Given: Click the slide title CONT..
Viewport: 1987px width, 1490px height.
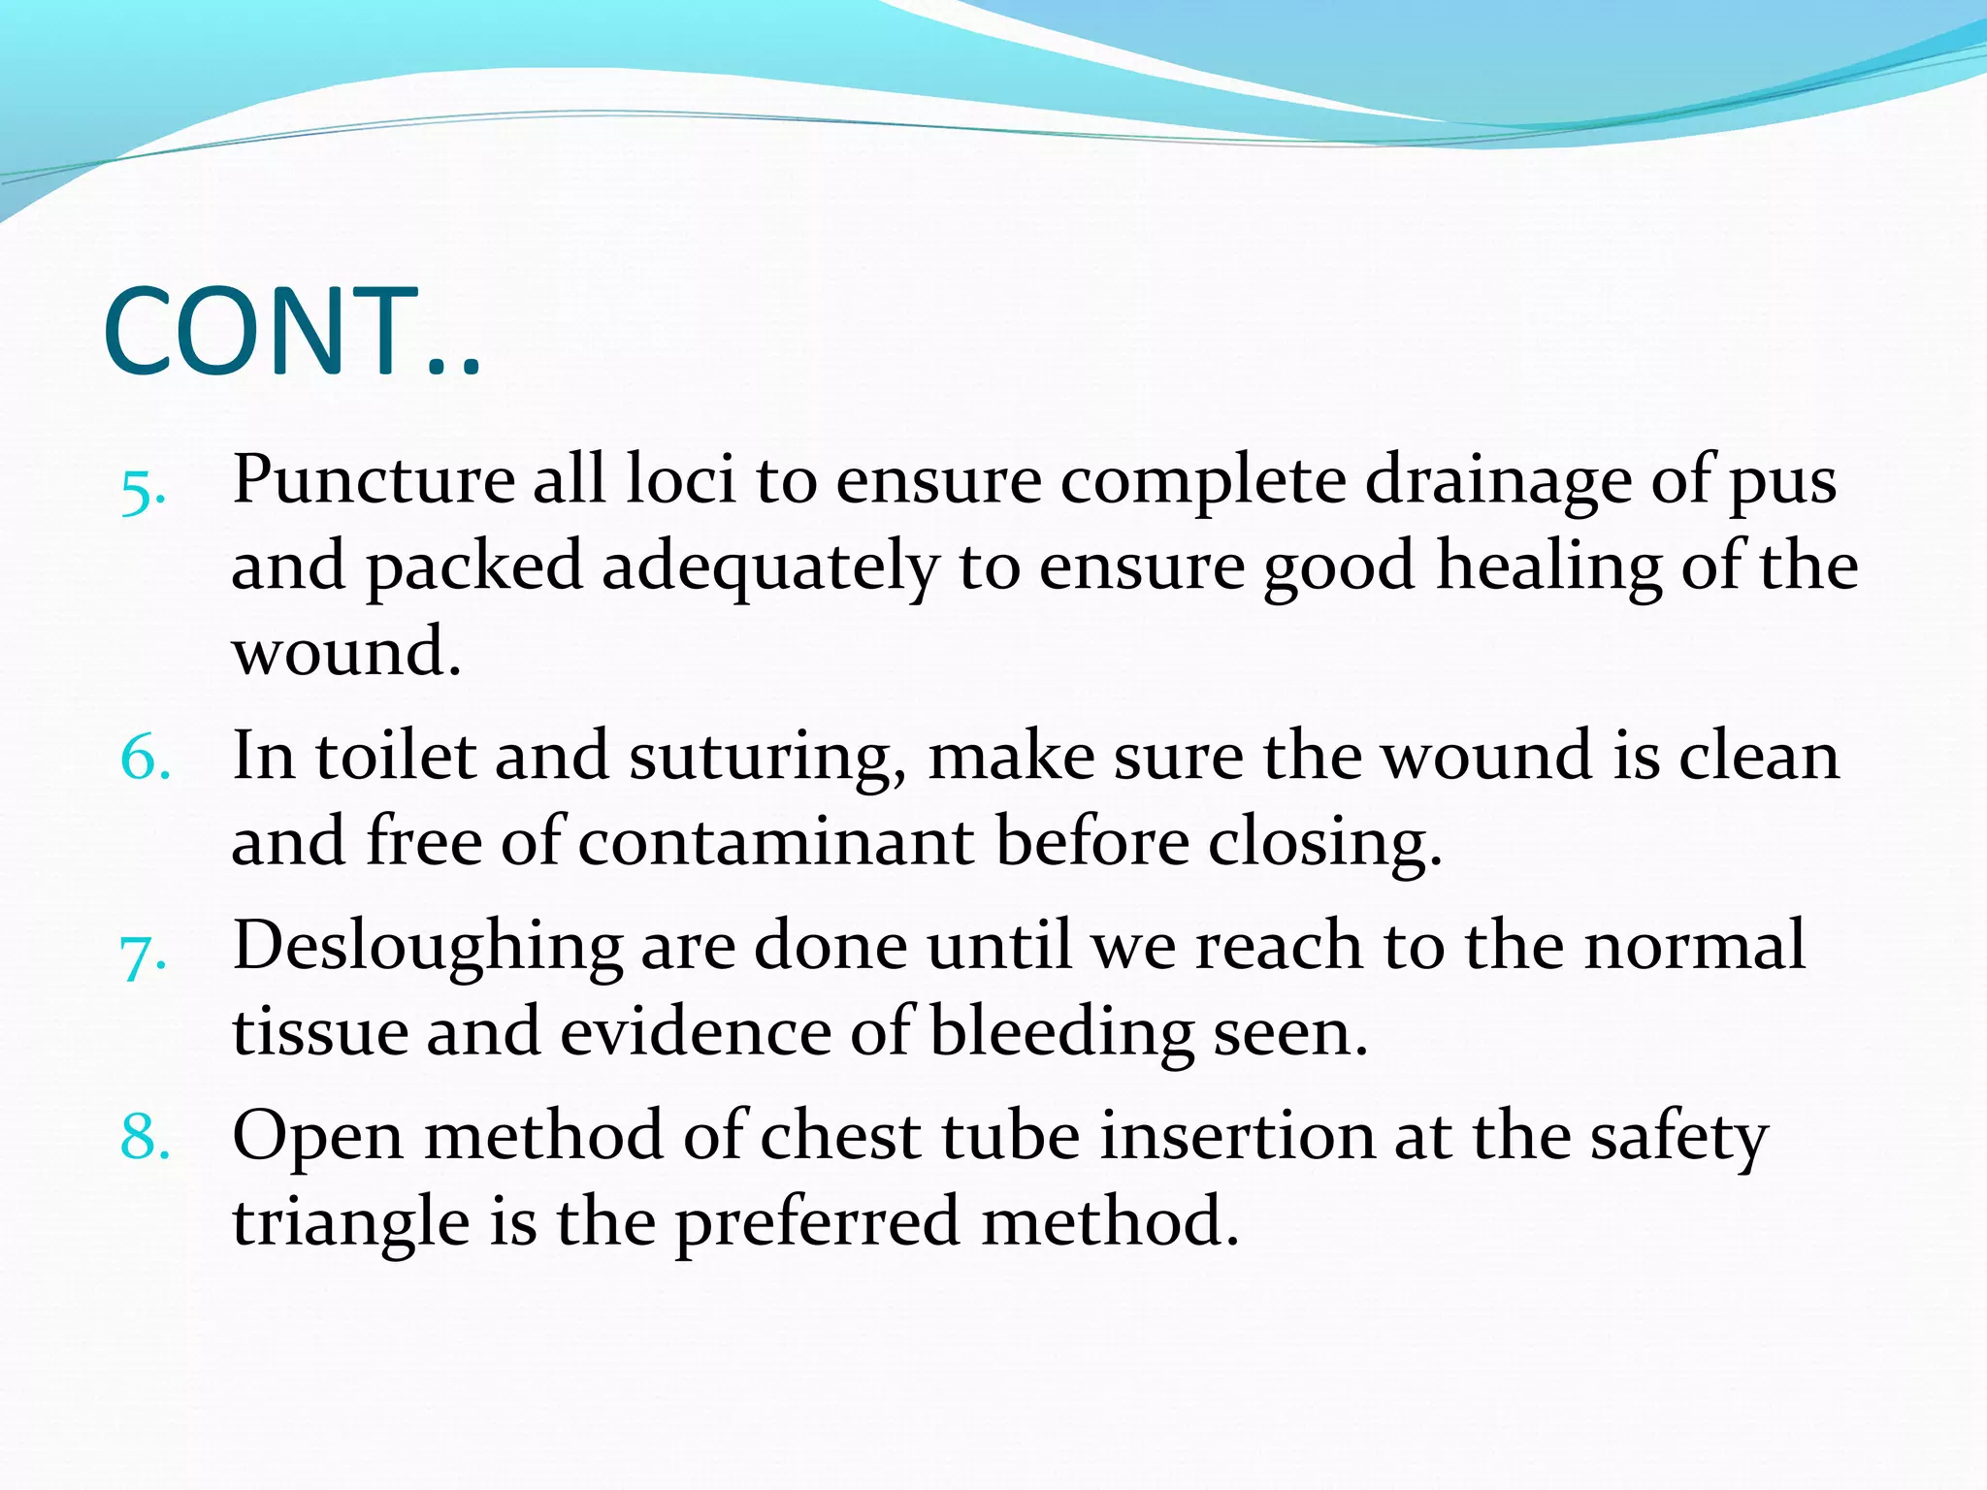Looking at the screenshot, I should point(291,332).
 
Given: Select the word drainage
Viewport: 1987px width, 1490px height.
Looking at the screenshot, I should point(1499,483).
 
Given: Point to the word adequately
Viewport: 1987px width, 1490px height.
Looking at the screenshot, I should point(770,568).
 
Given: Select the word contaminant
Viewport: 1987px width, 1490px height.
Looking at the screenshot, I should point(776,842).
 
